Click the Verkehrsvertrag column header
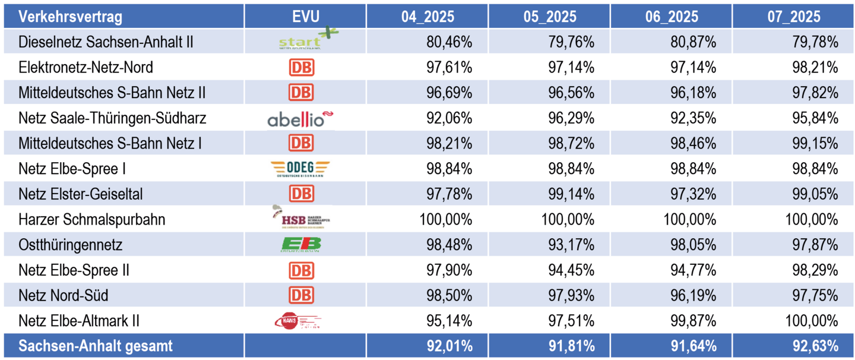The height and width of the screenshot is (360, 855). pos(70,16)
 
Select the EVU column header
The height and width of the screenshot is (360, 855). pos(305,16)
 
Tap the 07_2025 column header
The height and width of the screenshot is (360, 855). pos(793,16)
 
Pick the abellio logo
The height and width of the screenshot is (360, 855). pos(299,118)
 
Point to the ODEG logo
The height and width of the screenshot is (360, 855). pos(299,169)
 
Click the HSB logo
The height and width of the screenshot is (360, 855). pos(299,219)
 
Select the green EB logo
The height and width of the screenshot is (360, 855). pos(300,244)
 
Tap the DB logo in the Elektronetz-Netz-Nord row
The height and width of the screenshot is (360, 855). pos(301,68)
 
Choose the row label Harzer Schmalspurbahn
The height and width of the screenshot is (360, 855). pos(91,220)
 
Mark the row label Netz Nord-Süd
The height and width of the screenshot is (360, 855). pos(64,295)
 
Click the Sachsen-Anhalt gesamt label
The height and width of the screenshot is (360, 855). pos(96,346)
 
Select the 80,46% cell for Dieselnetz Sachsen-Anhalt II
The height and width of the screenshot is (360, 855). pos(449,42)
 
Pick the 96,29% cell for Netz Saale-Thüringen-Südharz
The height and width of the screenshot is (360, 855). pos(571,118)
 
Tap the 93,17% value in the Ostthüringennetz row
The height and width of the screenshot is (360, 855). pos(571,245)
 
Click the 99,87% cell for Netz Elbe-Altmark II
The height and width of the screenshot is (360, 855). pos(693,321)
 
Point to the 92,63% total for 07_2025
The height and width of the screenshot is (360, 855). pos(815,346)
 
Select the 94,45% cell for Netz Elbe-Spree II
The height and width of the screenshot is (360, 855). pos(571,270)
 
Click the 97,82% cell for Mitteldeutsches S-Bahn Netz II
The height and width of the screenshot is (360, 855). pos(815,93)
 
